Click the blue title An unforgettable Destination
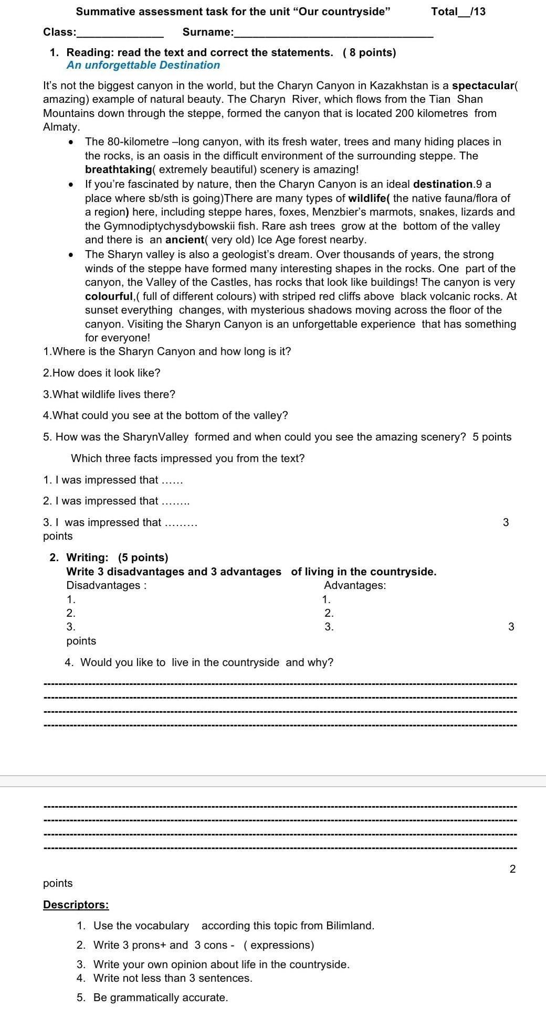[x=143, y=66]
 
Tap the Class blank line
[x=120, y=36]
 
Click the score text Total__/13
[x=458, y=12]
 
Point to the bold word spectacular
[x=483, y=86]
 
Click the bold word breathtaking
[x=118, y=170]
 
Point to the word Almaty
[x=61, y=127]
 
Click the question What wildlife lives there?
[x=109, y=394]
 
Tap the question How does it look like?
[x=101, y=373]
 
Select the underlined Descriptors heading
[x=76, y=905]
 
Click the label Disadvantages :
[x=106, y=586]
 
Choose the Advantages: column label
[x=355, y=586]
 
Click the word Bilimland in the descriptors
[x=349, y=926]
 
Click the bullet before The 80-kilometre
[x=71, y=143]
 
